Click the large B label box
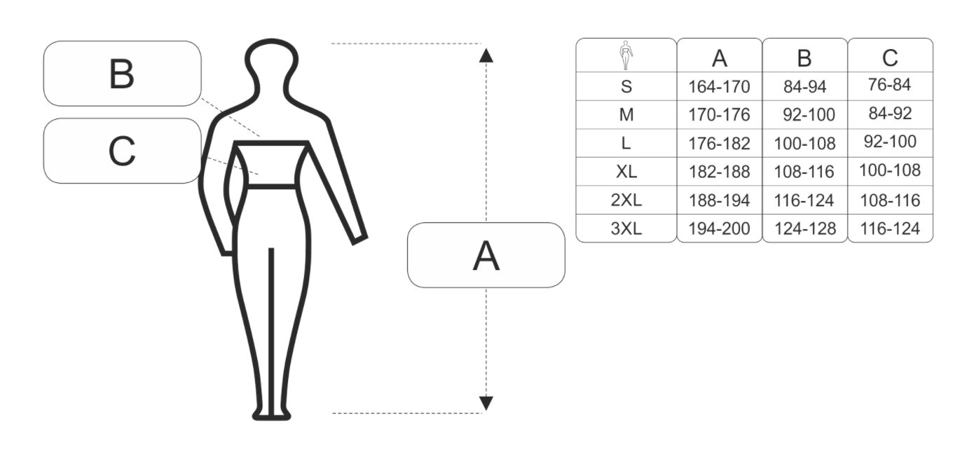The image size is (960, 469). [122, 74]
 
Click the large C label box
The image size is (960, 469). [122, 151]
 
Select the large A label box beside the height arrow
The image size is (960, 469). [486, 255]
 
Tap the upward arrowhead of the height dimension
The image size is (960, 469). [486, 55]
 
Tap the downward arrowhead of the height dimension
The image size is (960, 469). [486, 402]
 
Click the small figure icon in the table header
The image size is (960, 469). [626, 55]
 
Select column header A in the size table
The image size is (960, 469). [719, 58]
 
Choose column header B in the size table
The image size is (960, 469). [804, 58]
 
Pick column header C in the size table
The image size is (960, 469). [890, 58]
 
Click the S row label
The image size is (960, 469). [626, 87]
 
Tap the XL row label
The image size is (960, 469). [626, 172]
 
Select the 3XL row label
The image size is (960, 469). [626, 229]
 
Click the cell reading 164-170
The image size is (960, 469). [719, 87]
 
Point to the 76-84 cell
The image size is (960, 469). [890, 85]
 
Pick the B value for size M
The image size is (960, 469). [804, 115]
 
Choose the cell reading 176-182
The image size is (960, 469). [719, 144]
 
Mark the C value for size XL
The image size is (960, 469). [890, 170]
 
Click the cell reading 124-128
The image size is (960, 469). [804, 229]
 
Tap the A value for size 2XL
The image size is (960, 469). [719, 200]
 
